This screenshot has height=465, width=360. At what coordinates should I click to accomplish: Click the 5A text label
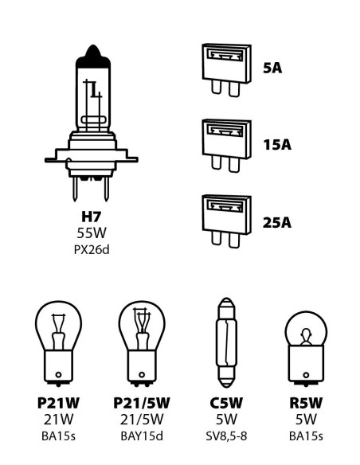tap(272, 68)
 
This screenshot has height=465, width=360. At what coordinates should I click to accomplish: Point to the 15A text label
tap(276, 145)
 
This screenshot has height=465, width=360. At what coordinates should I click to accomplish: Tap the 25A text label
tap(276, 221)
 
